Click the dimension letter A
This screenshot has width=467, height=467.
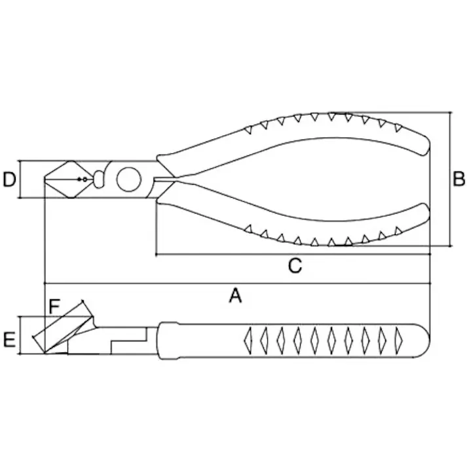(235, 295)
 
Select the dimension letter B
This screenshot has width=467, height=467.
(458, 179)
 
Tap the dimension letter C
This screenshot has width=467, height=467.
(295, 265)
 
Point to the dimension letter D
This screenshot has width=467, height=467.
(9, 179)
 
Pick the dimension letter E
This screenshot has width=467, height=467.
(9, 340)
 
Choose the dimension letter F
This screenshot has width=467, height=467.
(54, 307)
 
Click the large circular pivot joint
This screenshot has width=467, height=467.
(128, 179)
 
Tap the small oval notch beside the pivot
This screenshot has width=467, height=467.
(99, 179)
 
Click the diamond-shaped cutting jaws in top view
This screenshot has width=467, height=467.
(69, 179)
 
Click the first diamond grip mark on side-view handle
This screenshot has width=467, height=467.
(248, 341)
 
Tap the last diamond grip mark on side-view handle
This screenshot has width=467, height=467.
(398, 341)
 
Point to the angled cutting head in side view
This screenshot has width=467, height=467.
(64, 331)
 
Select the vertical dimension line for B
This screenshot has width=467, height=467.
(450, 179)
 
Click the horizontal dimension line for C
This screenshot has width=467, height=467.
(293, 254)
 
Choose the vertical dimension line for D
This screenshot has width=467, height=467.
(20, 179)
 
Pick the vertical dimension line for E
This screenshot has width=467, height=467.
(20, 335)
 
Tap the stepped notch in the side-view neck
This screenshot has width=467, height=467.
(128, 341)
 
